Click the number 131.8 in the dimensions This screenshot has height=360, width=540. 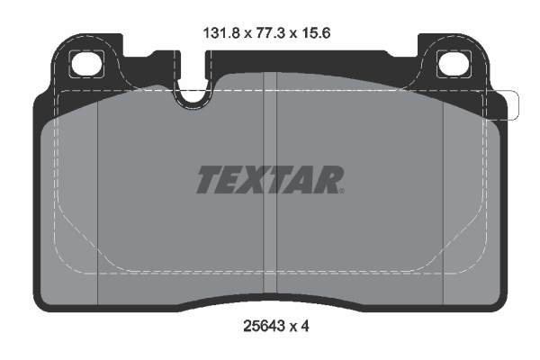tap(218, 31)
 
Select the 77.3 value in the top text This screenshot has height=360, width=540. tap(270, 31)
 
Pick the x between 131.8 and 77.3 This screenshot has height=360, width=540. tap(244, 31)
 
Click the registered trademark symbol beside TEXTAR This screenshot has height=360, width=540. tap(342, 191)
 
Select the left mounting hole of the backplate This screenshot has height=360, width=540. tap(87, 64)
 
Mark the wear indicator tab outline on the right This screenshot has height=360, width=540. tap(509, 105)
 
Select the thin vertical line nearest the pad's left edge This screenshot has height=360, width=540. tap(96, 198)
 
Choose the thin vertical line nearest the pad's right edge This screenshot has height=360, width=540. tap(444, 198)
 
